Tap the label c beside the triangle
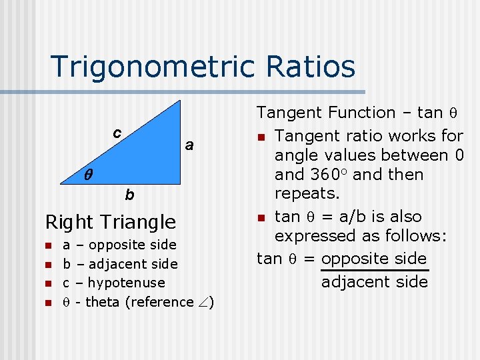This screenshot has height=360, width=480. click(117, 133)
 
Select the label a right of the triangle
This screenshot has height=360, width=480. click(189, 145)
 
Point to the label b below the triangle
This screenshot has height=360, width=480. click(130, 195)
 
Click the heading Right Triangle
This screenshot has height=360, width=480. click(110, 221)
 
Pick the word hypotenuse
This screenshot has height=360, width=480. click(126, 283)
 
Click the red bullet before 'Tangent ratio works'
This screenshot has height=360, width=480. click(263, 137)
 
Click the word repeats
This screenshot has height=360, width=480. click(307, 194)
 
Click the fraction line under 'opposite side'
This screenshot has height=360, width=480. click(373, 270)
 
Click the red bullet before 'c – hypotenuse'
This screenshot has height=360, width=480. click(48, 283)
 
